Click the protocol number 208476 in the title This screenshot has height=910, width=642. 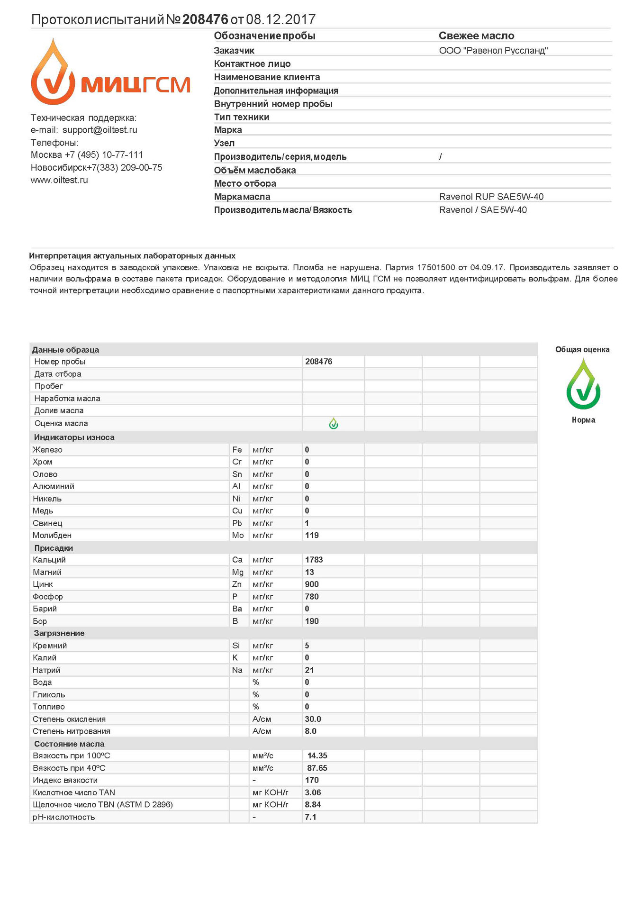205,19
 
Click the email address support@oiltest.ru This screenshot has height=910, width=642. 99,130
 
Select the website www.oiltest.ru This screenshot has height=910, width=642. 59,180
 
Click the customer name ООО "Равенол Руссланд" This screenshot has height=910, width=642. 493,51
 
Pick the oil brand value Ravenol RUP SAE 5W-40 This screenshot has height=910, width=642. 491,197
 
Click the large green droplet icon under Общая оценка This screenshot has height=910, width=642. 583,384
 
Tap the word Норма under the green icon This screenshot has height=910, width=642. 583,420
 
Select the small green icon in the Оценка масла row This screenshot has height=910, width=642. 334,423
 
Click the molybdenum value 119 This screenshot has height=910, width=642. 312,536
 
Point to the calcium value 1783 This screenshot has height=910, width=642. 314,560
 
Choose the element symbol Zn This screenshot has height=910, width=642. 237,584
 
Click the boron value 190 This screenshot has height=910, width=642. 312,621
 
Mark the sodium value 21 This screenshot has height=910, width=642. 309,670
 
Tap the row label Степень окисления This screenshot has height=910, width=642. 69,719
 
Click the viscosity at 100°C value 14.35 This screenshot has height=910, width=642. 317,756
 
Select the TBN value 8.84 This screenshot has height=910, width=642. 313,805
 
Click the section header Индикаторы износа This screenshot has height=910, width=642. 74,437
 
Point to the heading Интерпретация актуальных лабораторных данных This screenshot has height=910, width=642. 132,256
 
